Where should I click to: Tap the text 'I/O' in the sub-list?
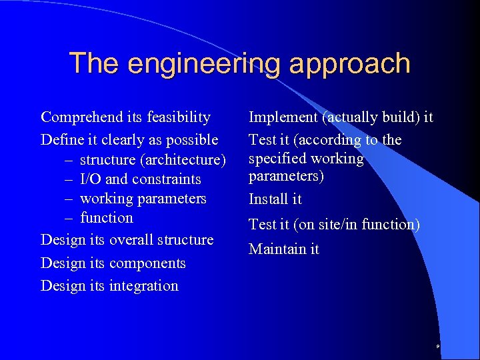tap(91, 179)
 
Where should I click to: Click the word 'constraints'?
tap(166, 179)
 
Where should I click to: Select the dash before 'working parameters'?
tap(70, 199)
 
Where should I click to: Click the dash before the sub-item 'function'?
tap(70, 218)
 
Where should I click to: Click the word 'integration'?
tap(147, 286)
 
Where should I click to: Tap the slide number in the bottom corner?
tap(437, 347)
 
